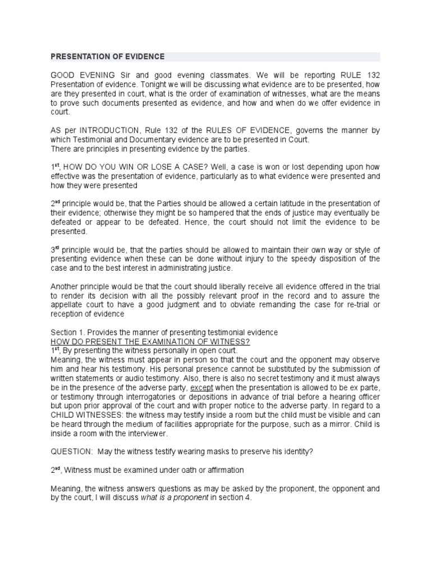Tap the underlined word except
(x=201, y=387)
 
